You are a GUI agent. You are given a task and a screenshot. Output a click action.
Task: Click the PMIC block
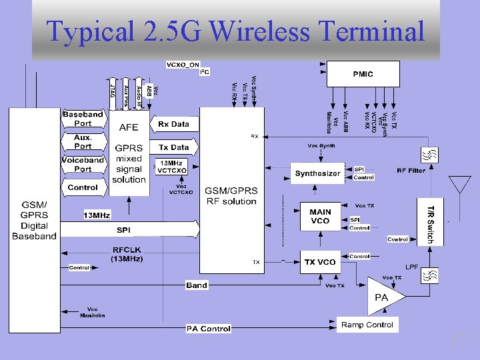click(x=363, y=74)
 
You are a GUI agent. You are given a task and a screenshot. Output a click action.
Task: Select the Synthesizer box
click(x=317, y=173)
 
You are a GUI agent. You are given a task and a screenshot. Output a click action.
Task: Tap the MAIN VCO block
click(x=320, y=216)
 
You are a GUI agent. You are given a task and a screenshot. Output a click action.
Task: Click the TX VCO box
click(x=320, y=262)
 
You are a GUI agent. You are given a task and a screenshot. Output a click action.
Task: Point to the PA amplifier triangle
click(x=383, y=298)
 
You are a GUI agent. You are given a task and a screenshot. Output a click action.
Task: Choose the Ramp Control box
click(x=367, y=325)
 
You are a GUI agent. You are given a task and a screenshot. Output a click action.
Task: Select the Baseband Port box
click(x=83, y=119)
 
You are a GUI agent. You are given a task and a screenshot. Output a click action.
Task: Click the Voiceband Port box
click(x=83, y=164)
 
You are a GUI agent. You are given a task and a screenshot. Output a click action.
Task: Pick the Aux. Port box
click(x=83, y=141)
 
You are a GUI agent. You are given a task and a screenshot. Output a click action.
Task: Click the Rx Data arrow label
click(x=173, y=124)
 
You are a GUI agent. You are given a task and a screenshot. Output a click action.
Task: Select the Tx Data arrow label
click(x=173, y=147)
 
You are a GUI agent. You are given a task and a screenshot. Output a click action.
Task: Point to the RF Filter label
click(x=411, y=171)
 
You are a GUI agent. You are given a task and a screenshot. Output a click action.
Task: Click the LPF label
click(x=412, y=267)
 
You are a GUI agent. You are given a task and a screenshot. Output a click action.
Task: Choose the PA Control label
click(x=208, y=329)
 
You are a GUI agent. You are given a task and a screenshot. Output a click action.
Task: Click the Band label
click(x=197, y=285)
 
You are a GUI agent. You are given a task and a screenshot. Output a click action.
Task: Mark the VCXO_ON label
click(x=182, y=65)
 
